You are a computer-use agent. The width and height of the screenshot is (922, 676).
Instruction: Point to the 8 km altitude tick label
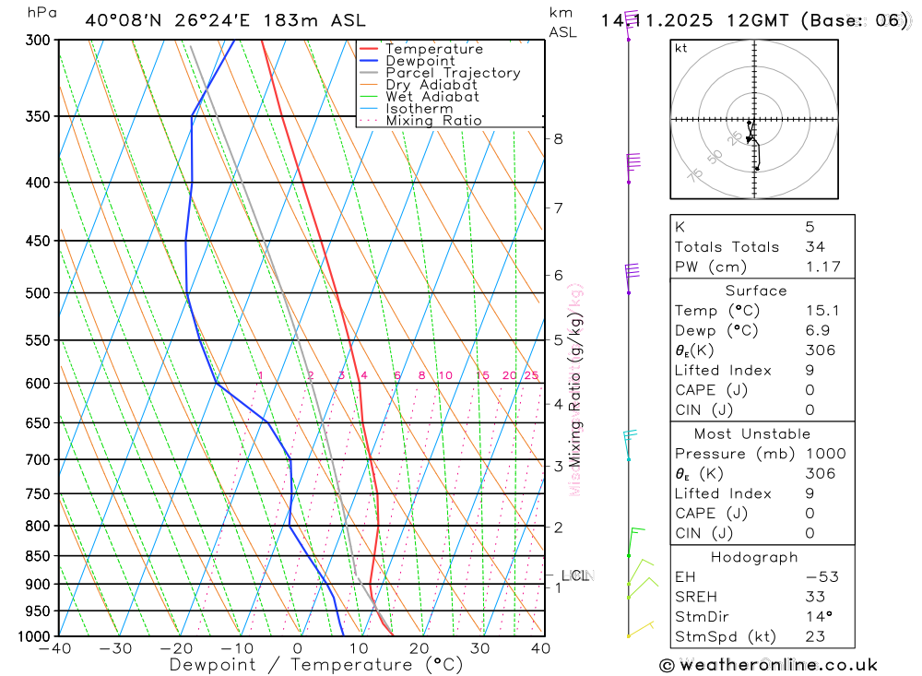558,139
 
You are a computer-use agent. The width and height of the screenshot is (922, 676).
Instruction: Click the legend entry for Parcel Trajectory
452,73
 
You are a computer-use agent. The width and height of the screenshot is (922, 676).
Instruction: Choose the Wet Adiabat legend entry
431,97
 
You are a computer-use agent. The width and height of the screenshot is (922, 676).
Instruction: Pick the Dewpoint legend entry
420,61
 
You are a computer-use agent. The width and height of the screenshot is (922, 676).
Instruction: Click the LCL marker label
575,576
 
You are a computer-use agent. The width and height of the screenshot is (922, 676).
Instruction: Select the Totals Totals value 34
815,246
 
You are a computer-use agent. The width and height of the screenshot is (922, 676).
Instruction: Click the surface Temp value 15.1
819,311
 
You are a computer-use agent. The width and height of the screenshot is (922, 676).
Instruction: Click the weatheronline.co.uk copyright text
768,665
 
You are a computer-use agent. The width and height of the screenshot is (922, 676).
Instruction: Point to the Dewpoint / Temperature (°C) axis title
315,665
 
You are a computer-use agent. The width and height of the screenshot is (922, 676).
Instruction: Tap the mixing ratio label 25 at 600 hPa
531,375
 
